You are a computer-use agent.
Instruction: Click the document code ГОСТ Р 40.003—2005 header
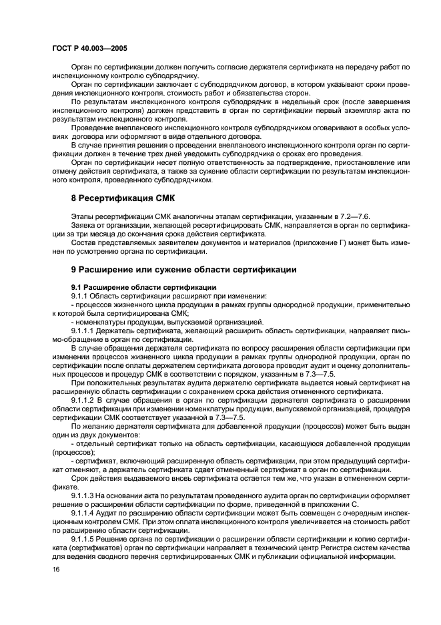[x=89, y=49]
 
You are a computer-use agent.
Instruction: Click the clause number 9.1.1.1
[x=83, y=330]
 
